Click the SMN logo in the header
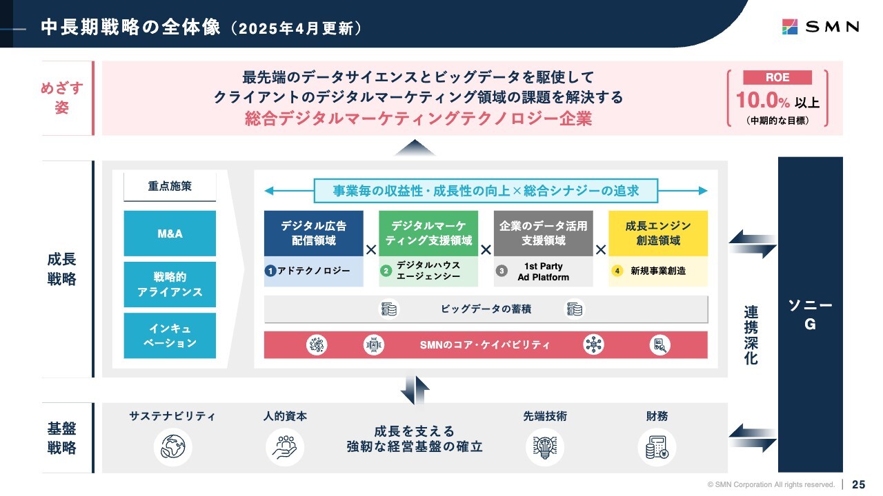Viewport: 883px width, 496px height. pyautogui.click(x=820, y=27)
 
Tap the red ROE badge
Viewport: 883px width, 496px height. pyautogui.click(x=777, y=77)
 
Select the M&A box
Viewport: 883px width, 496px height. pyautogui.click(x=170, y=234)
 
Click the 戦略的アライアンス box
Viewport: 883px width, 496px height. pyautogui.click(x=170, y=285)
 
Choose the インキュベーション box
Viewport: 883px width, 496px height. pyautogui.click(x=170, y=335)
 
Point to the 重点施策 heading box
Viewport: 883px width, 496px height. pyautogui.click(x=170, y=186)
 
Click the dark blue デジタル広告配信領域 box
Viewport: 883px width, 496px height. pyautogui.click(x=314, y=234)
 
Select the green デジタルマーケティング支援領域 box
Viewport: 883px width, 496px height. pyautogui.click(x=428, y=234)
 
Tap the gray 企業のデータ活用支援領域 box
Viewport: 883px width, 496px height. pyautogui.click(x=543, y=234)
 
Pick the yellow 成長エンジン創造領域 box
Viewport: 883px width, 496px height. pyautogui.click(x=658, y=234)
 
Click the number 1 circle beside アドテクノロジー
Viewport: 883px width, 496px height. pyautogui.click(x=270, y=271)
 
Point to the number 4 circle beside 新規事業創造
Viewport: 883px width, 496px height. pyautogui.click(x=617, y=271)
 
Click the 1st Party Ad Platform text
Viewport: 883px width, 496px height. pyautogui.click(x=543, y=271)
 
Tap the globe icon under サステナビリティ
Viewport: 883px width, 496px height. pyautogui.click(x=172, y=447)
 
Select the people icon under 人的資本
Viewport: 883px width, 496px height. pyautogui.click(x=285, y=447)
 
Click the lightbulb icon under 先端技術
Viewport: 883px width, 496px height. pyautogui.click(x=545, y=447)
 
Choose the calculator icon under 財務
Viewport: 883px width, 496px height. pyautogui.click(x=657, y=447)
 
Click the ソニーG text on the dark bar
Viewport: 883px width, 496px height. pyautogui.click(x=810, y=314)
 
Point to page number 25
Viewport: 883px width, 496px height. pyautogui.click(x=859, y=484)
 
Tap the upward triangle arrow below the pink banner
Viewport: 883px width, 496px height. pyautogui.click(x=415, y=148)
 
